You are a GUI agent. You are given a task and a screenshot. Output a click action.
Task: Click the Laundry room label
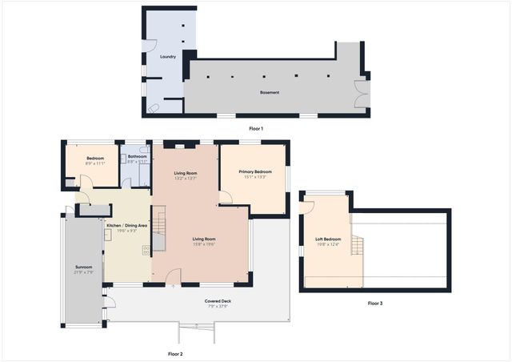[x=168, y=57]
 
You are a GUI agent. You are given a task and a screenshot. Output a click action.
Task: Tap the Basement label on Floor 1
[x=270, y=92]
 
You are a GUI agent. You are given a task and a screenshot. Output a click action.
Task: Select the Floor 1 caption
[x=256, y=128]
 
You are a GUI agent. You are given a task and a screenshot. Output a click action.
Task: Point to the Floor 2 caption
[x=175, y=353]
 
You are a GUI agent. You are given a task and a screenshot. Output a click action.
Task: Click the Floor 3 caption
[x=375, y=304]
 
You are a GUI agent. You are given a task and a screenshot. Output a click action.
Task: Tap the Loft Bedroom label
[x=327, y=239]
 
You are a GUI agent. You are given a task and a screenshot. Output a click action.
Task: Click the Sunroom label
[x=84, y=267]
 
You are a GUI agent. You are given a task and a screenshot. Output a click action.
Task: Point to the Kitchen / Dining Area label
[x=127, y=226]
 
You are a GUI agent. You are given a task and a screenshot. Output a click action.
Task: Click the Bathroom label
[x=135, y=156]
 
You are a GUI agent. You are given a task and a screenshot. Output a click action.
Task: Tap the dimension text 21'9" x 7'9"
[x=84, y=272]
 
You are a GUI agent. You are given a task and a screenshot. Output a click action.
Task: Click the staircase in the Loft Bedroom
[x=357, y=244]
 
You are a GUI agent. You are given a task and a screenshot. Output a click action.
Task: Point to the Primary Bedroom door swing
[x=226, y=196]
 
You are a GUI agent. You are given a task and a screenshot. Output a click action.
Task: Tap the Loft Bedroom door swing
[x=308, y=207]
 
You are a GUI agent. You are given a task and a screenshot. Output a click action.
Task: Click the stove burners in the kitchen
[x=146, y=250]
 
